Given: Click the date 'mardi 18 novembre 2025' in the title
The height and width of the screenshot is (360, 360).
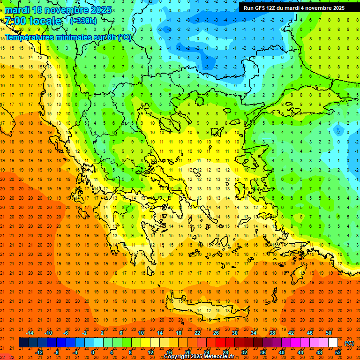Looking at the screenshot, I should (58, 10).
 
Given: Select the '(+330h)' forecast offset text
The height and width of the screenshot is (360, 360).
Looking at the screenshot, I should (83, 21).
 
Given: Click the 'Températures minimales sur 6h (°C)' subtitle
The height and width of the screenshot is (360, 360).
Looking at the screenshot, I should (68, 37).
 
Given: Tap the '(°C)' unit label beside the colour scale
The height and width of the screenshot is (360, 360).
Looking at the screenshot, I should (349, 343).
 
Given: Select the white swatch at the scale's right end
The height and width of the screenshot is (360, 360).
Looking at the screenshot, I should (333, 343).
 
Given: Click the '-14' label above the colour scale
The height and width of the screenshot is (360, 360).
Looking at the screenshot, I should (30, 333).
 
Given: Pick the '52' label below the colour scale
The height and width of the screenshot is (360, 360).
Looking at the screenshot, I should (338, 352).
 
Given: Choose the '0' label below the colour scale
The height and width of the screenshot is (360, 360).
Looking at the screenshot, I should (93, 352).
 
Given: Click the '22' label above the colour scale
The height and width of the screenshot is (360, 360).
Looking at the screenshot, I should (197, 333).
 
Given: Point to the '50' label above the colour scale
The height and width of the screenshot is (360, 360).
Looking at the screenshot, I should (329, 333).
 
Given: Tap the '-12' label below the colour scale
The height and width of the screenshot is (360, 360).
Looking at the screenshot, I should (39, 352).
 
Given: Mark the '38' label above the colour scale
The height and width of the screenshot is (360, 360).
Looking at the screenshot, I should (272, 333).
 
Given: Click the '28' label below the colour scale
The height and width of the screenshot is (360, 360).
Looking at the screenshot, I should (225, 352).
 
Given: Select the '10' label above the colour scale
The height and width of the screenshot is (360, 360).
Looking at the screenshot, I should (141, 333).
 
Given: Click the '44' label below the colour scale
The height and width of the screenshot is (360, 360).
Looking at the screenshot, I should (300, 352).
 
